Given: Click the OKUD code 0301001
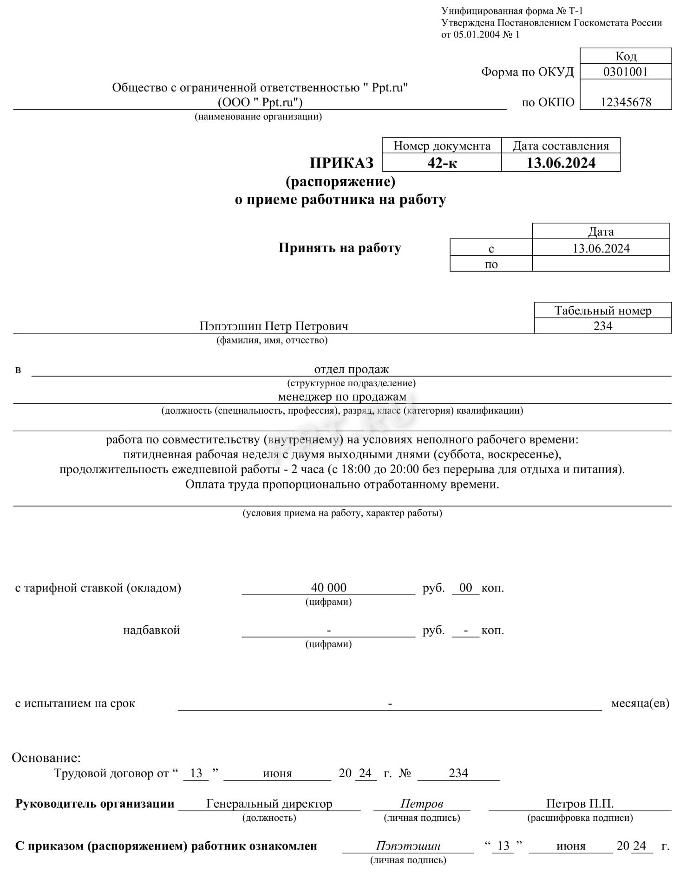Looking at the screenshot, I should click(625, 71).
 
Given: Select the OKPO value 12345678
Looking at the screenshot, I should click(626, 102).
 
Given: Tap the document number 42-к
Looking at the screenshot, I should click(442, 163).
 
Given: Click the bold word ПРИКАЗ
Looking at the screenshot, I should click(341, 163).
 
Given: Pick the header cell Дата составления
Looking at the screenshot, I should click(561, 146).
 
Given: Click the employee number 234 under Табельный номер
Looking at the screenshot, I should click(603, 326).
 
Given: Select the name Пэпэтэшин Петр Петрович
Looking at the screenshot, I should click(274, 326).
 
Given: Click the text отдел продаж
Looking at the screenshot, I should click(352, 370).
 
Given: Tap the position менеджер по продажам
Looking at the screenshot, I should click(342, 397).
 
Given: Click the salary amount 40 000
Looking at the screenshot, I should click(329, 588).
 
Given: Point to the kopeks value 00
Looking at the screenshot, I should click(465, 588).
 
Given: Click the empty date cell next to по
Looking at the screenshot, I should click(601, 264).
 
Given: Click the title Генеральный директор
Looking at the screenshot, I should click(269, 804).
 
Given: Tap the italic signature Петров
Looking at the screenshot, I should click(422, 804).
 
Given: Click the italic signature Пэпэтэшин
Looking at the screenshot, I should click(408, 846).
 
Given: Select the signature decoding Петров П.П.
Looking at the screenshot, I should click(580, 804).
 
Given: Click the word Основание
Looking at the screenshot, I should click(46, 758).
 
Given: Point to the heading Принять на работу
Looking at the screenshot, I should click(340, 248).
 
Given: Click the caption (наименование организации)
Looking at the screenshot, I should click(258, 117).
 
